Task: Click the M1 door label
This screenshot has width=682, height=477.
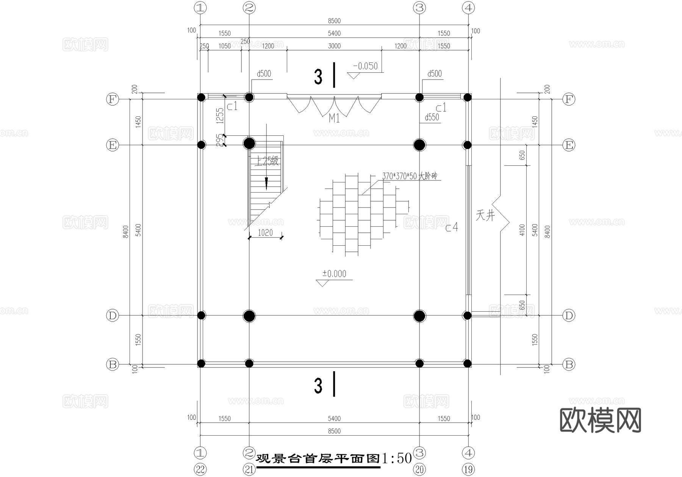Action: click(334, 119)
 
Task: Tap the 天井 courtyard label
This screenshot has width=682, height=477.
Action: click(485, 216)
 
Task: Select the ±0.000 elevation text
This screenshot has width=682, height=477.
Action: click(334, 274)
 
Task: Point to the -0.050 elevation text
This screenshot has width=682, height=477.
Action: click(365, 66)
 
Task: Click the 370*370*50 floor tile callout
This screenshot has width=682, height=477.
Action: click(409, 176)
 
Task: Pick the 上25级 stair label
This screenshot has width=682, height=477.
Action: click(266, 161)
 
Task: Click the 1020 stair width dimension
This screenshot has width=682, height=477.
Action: click(265, 233)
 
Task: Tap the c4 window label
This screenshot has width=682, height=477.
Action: click(451, 227)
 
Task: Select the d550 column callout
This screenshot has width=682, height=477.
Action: click(432, 118)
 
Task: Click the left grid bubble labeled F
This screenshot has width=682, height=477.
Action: click(112, 99)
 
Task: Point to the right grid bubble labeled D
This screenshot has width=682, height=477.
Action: click(569, 315)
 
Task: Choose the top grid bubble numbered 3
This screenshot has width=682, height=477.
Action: click(419, 8)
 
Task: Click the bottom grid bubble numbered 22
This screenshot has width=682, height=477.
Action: click(200, 470)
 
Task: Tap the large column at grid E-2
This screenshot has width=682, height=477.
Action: click(249, 144)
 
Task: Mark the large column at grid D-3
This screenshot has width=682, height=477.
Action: click(419, 315)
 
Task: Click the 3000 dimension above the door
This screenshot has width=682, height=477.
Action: click(334, 46)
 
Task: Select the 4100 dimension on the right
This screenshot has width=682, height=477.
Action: click(522, 230)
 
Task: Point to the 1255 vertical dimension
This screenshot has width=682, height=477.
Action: click(220, 116)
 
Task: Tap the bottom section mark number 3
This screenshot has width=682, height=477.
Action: click(318, 386)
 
